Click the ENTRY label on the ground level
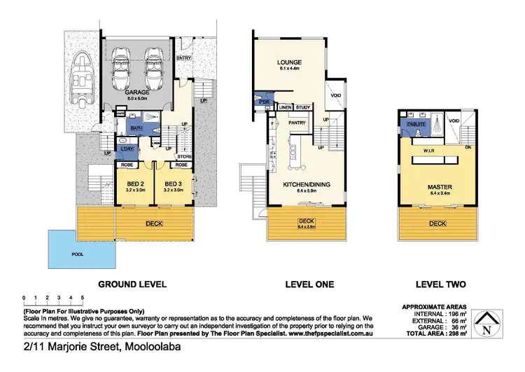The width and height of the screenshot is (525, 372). (x=184, y=57)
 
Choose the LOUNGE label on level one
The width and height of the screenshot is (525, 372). (x=288, y=62)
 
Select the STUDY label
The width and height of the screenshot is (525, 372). (x=302, y=107)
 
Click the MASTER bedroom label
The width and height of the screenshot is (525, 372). (x=437, y=186)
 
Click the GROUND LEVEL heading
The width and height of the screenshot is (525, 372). (x=132, y=284)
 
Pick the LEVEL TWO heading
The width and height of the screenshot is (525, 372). (x=437, y=284)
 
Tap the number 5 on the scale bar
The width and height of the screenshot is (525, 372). (x=83, y=298)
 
